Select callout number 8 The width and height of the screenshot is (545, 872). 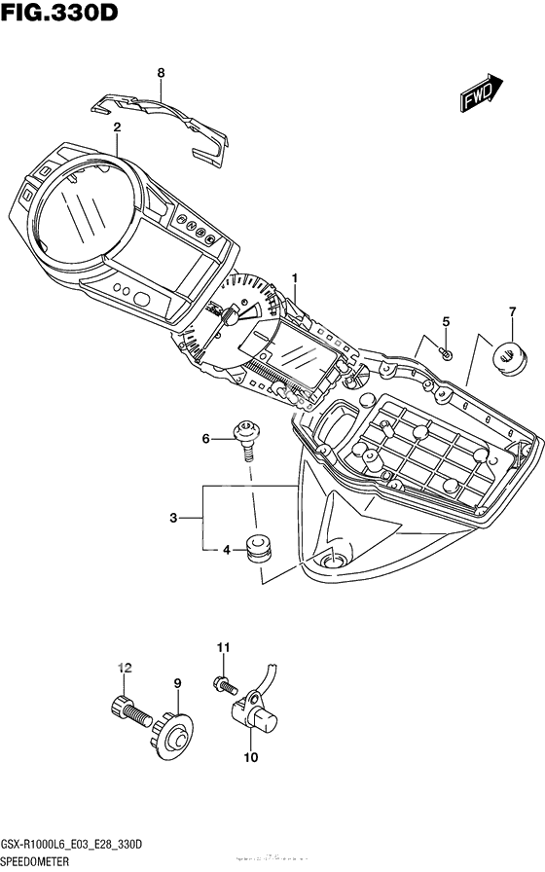point(161,72)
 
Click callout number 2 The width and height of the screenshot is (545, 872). point(117,127)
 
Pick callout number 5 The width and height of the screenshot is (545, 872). point(446,322)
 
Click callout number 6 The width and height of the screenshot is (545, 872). point(205,440)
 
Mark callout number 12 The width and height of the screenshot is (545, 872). point(123,667)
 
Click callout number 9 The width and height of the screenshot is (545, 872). point(178,685)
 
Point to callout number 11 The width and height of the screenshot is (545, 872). point(221,647)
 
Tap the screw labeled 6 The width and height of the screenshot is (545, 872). point(248,436)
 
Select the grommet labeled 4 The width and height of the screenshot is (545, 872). point(259,547)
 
